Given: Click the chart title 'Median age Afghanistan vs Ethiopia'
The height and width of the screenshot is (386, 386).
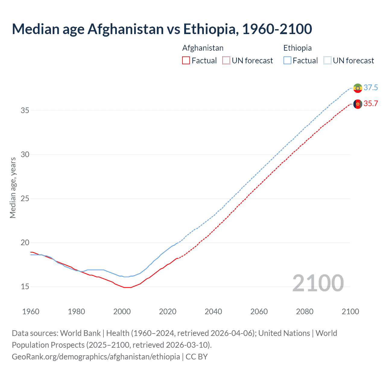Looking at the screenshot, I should click(162, 29).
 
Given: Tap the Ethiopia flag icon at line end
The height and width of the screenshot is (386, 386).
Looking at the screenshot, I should click(358, 88).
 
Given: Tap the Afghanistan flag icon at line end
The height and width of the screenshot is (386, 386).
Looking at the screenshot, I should click(358, 104).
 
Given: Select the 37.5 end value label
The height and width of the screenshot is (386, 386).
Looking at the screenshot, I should click(371, 88).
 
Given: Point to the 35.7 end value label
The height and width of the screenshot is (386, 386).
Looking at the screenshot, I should click(371, 104).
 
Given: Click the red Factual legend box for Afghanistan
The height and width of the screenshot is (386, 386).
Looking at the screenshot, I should click(186, 61).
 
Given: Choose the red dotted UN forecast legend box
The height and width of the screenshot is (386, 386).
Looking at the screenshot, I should click(226, 61).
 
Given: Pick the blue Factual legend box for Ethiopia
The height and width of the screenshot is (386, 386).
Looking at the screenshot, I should click(287, 61).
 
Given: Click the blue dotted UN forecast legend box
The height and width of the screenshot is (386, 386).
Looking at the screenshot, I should click(327, 61).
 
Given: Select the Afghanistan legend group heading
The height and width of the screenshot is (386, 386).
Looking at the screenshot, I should click(203, 48).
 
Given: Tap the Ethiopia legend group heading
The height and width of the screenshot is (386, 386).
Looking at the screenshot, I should click(297, 48).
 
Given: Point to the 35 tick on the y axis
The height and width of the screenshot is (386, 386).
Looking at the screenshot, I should click(25, 111).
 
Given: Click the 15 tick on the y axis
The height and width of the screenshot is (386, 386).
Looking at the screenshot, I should click(25, 287).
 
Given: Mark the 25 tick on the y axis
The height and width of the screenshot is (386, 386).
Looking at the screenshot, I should click(25, 199).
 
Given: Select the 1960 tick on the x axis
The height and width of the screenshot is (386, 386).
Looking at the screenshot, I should click(31, 312).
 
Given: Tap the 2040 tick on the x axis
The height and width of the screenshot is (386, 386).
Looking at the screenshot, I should click(213, 312).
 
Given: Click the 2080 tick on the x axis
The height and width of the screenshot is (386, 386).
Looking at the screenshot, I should click(305, 312).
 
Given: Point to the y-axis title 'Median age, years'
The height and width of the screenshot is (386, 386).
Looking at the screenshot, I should click(13, 188).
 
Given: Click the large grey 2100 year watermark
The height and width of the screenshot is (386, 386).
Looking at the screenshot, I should click(318, 283).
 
